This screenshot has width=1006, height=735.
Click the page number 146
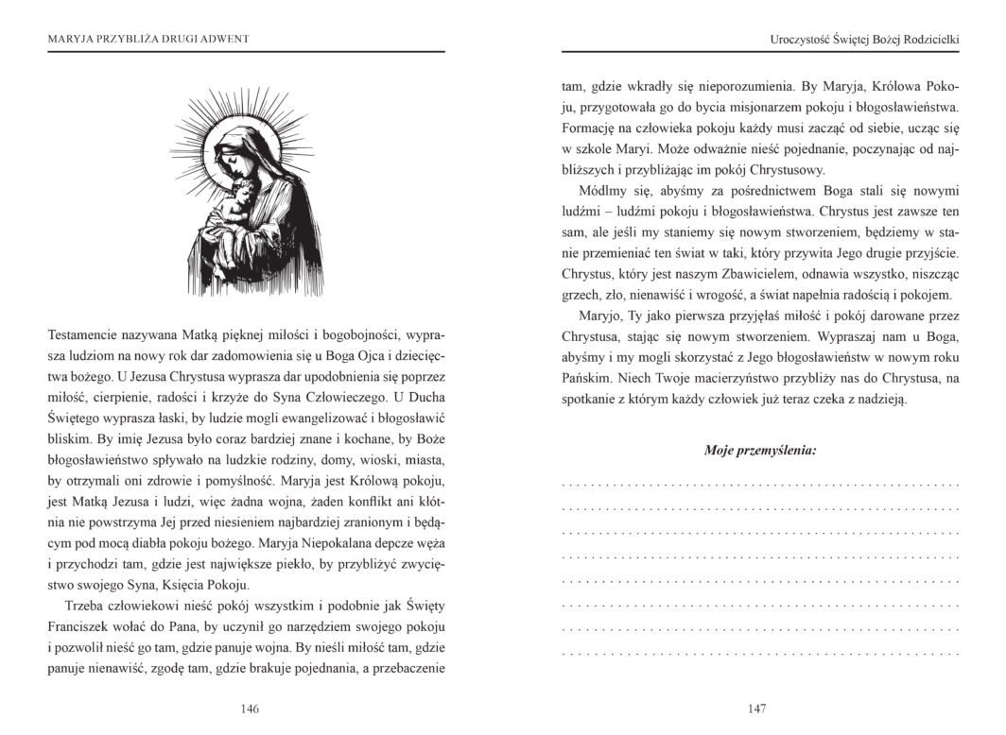coord(250,709)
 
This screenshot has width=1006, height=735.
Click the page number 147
coord(755,709)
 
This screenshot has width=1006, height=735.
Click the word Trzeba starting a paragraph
coord(84,605)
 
